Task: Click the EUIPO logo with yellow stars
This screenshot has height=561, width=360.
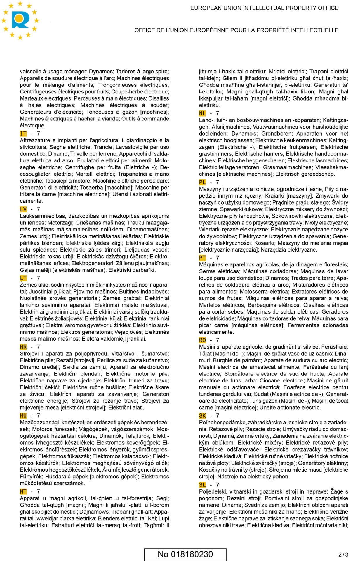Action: (x=20, y=20)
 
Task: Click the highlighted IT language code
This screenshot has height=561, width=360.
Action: (x=23, y=134)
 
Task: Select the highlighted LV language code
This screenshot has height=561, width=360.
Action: (x=23, y=209)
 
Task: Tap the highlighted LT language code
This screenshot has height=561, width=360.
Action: (x=23, y=278)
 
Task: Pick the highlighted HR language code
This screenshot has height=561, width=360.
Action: (x=23, y=347)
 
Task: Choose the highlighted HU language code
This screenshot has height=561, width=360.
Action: (x=23, y=415)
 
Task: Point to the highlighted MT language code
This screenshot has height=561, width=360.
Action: (x=23, y=491)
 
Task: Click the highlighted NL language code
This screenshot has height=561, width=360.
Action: (x=202, y=113)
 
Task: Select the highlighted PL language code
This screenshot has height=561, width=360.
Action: (x=202, y=182)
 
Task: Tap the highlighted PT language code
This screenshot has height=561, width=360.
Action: (x=202, y=258)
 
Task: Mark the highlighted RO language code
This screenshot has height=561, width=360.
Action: (x=202, y=340)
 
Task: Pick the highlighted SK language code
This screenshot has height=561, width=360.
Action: (x=202, y=415)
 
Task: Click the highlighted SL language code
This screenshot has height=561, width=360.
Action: (x=202, y=485)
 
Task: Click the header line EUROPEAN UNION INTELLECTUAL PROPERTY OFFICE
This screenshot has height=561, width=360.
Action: (x=264, y=8)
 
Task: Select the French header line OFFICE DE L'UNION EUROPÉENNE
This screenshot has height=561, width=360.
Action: (x=236, y=30)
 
